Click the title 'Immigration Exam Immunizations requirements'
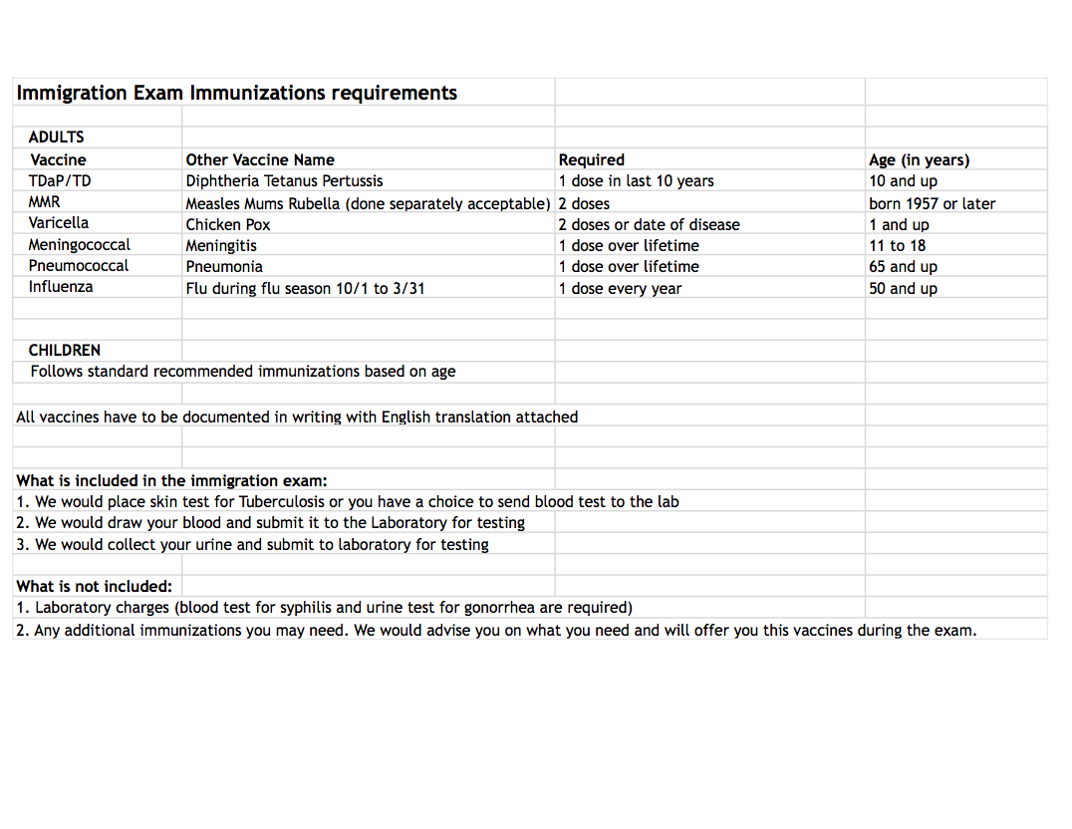(x=237, y=94)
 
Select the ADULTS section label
(x=57, y=138)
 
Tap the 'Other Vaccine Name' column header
(x=260, y=159)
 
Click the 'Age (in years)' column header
(x=919, y=159)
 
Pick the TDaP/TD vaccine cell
(x=60, y=180)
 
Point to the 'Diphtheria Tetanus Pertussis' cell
(x=284, y=181)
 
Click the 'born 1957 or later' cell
(x=932, y=203)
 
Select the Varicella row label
(x=59, y=223)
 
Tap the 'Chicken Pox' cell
(x=228, y=224)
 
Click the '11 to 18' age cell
(x=897, y=245)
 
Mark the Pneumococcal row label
(x=79, y=266)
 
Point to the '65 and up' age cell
(x=903, y=267)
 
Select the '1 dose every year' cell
(x=620, y=289)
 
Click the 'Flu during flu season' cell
(x=305, y=289)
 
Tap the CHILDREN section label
(x=65, y=351)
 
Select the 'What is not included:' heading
(x=94, y=586)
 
